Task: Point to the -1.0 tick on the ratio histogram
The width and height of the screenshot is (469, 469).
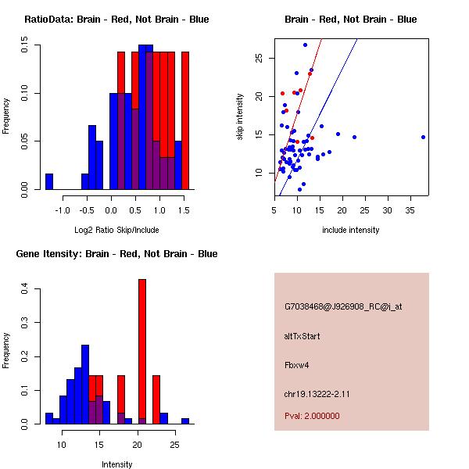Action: pyautogui.click(x=63, y=200)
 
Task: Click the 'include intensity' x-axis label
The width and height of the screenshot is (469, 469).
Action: pyautogui.click(x=350, y=230)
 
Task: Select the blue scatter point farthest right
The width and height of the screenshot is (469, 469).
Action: pyautogui.click(x=423, y=137)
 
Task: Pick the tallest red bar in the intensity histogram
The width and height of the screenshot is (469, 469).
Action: pyautogui.click(x=142, y=351)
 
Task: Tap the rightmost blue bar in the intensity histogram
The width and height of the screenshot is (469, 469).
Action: pyautogui.click(x=185, y=421)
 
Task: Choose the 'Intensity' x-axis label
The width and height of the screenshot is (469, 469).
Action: pyautogui.click(x=116, y=464)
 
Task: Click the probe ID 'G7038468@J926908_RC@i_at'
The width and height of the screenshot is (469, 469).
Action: pyautogui.click(x=342, y=307)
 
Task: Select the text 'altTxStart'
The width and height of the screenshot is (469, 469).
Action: pyautogui.click(x=303, y=336)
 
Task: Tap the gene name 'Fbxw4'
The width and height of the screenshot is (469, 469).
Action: pyautogui.click(x=298, y=365)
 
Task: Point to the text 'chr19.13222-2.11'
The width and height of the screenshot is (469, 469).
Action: pyautogui.click(x=317, y=393)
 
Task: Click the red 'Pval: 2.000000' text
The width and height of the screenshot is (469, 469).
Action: pyautogui.click(x=312, y=417)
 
